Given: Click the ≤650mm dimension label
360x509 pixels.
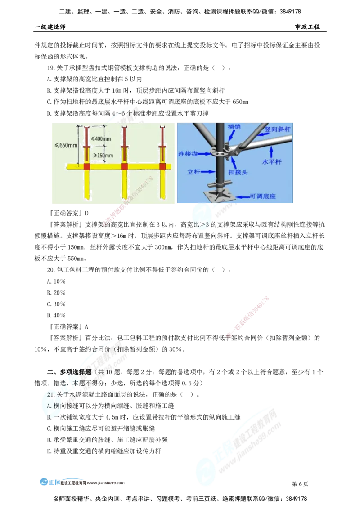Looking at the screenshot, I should click(x=67, y=145).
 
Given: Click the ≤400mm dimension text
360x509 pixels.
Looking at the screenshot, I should click(x=101, y=138).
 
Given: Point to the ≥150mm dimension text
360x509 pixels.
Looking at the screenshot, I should click(x=103, y=155).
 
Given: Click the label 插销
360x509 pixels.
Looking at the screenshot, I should click(x=234, y=127).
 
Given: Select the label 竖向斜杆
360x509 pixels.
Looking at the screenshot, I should click(x=278, y=129).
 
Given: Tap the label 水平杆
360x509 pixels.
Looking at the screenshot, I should click(x=272, y=161).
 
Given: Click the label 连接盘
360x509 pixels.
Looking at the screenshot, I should click(x=188, y=154).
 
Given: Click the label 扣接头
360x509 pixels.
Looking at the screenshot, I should click(x=238, y=172).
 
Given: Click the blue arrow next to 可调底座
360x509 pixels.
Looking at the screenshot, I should click(x=243, y=196).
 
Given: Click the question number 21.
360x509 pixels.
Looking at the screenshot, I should click(x=50, y=394).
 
